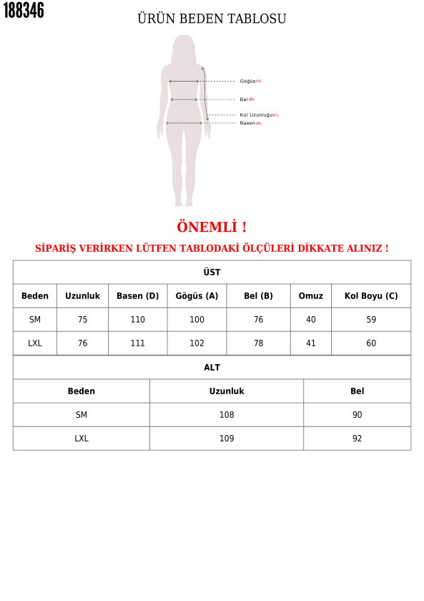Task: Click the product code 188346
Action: tap(24, 11)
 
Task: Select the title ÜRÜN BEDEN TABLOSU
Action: tap(212, 19)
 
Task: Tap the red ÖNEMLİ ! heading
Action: tap(212, 228)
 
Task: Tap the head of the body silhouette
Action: tap(184, 46)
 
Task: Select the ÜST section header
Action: tap(212, 273)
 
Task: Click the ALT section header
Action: tap(212, 368)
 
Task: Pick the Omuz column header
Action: tap(310, 296)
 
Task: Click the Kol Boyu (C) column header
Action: tap(371, 296)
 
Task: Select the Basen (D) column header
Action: tap(137, 296)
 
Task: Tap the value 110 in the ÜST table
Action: tap(137, 320)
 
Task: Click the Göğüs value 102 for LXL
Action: tap(197, 343)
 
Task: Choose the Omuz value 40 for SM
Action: tap(310, 320)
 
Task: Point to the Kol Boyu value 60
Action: tap(371, 343)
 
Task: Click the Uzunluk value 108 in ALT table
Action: tap(226, 415)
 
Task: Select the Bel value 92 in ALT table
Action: tap(357, 439)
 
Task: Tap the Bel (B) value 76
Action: tap(258, 320)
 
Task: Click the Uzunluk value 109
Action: tap(226, 439)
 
